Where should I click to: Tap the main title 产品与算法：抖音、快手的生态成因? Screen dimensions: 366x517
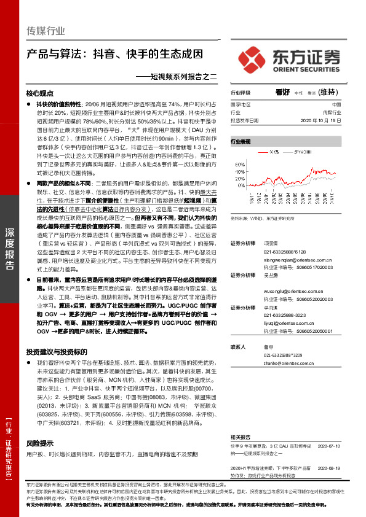point(114,53)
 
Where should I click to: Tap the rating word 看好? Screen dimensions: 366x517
point(282,92)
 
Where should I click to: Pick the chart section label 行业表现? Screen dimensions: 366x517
point(241,141)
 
